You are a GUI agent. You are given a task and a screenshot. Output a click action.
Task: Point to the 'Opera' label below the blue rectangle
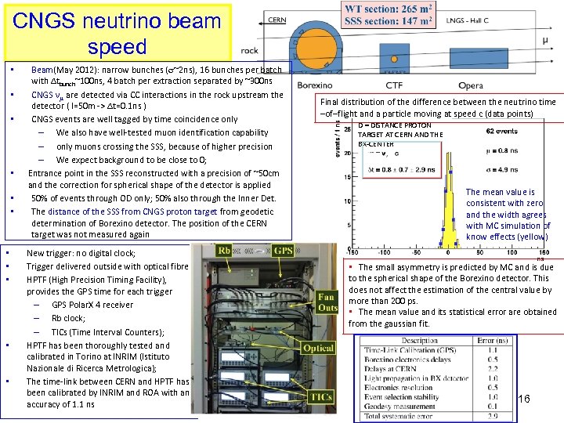coord(471,84)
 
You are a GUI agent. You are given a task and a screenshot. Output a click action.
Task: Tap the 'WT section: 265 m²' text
coord(390,9)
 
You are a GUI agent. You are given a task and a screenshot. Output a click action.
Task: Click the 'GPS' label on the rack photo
coord(283,251)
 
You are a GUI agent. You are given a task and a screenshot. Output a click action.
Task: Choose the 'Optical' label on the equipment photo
coord(318,348)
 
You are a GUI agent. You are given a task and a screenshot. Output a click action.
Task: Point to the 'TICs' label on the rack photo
coord(320,398)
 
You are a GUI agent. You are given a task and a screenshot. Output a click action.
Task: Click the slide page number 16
coord(523,399)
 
